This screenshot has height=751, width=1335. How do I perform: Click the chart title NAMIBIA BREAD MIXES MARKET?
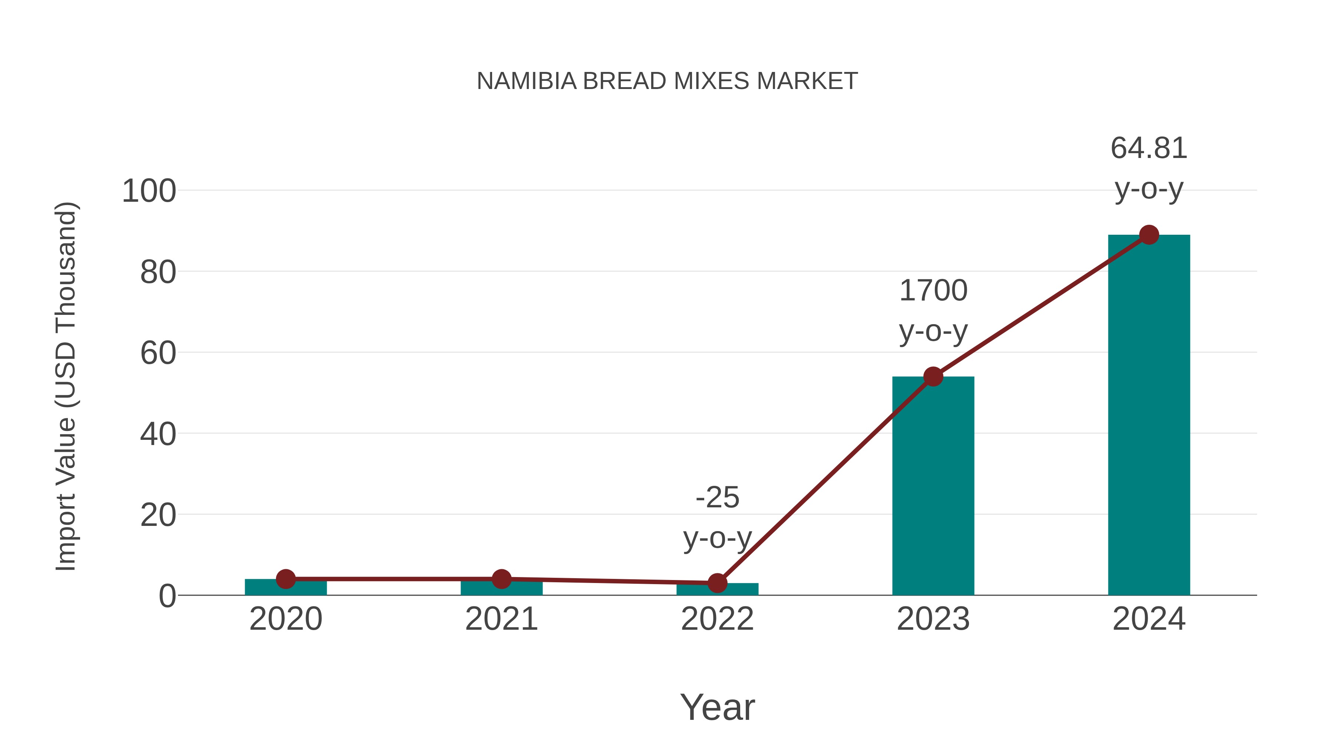[667, 81]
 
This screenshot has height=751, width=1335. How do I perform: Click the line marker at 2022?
[717, 583]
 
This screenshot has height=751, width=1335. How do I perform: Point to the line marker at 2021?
[501, 579]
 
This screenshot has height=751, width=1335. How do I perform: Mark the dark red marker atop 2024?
[1149, 235]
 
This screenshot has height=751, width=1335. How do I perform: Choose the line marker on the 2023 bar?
[933, 377]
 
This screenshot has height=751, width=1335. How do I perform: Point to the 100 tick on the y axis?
[149, 191]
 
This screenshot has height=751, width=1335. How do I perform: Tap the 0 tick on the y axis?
[167, 596]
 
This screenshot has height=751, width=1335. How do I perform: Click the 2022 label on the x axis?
[717, 619]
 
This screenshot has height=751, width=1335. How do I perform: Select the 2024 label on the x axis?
[1149, 619]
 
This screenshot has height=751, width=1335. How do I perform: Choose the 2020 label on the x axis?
[286, 619]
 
